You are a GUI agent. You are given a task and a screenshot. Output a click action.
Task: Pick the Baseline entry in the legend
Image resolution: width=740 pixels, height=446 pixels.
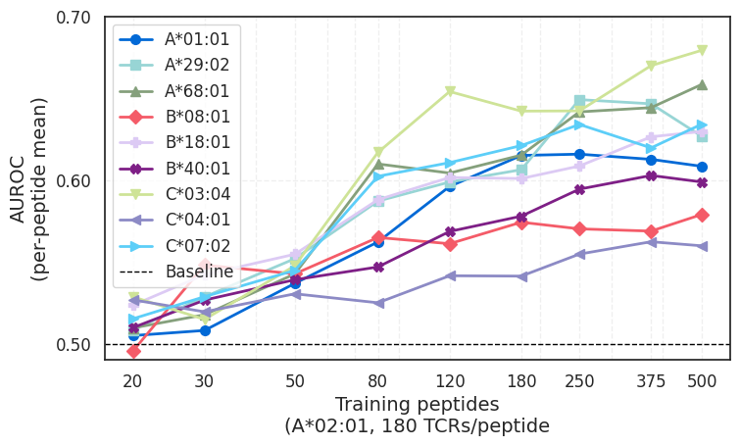click(x=199, y=272)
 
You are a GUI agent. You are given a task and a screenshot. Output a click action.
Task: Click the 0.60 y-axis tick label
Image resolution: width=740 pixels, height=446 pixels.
click(x=74, y=181)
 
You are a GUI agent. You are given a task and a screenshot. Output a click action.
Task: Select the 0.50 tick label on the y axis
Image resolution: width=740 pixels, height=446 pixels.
click(x=74, y=345)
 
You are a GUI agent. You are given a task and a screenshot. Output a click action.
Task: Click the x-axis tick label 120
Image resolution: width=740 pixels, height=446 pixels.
click(x=450, y=379)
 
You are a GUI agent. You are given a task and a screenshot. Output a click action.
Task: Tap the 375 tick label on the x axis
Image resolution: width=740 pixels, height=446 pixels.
click(x=651, y=379)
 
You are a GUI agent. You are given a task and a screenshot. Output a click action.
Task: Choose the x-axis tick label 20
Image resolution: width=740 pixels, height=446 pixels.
click(x=133, y=379)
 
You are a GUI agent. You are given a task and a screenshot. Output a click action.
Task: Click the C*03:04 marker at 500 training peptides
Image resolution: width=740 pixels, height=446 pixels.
click(x=702, y=50)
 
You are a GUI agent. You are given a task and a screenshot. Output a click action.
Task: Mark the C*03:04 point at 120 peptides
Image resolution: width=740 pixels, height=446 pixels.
click(x=450, y=92)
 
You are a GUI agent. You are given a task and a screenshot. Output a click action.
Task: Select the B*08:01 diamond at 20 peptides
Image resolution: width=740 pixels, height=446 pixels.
click(x=133, y=350)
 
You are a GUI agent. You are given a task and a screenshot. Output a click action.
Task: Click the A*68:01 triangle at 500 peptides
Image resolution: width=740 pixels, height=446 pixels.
click(x=702, y=84)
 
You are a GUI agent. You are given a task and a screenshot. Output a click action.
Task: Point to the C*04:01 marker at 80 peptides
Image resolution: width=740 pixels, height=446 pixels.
click(x=378, y=303)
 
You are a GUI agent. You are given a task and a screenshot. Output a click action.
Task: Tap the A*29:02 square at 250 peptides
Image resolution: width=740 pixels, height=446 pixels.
click(x=579, y=101)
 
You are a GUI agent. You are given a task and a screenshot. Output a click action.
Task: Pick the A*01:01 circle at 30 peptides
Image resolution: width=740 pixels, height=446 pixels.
click(x=205, y=330)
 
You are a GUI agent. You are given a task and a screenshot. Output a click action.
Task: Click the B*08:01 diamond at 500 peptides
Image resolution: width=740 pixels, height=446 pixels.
click(x=702, y=215)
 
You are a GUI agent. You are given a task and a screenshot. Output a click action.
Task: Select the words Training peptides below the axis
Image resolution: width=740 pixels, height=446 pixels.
click(x=417, y=404)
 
